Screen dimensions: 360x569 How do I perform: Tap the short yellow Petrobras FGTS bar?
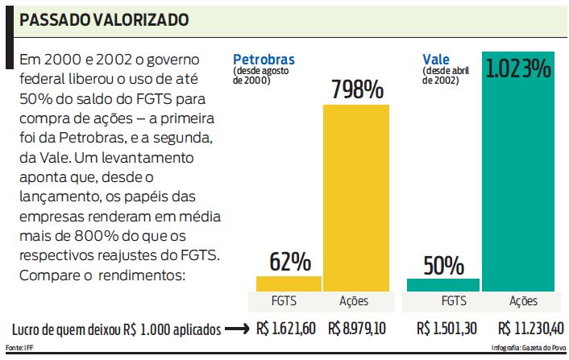pyautogui.click(x=289, y=283)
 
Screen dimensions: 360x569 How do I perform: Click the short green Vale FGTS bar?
pyautogui.click(x=442, y=284)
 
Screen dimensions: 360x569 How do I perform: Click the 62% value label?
pyautogui.click(x=289, y=262)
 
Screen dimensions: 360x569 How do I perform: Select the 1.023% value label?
pyautogui.click(x=518, y=68)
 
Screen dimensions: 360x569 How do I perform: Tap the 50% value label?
pyautogui.click(x=442, y=264)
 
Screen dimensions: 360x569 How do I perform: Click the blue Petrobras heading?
pyautogui.click(x=264, y=60)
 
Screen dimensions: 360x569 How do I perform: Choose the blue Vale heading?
pyautogui.click(x=436, y=59)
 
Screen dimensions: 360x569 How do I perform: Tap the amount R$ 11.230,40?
pyautogui.click(x=529, y=329)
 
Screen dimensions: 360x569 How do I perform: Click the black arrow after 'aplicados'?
pyautogui.click(x=236, y=329)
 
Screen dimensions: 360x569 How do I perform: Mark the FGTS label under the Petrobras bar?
pyautogui.click(x=289, y=301)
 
